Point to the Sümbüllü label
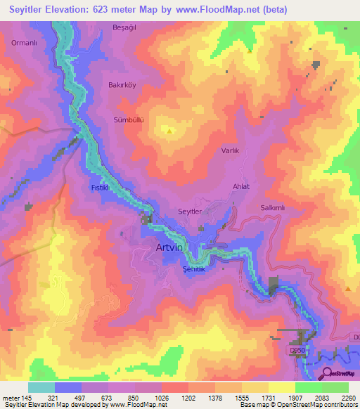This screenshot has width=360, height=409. click(x=129, y=120)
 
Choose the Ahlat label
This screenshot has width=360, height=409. click(x=241, y=186)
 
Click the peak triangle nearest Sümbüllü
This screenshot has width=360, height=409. click(x=169, y=131)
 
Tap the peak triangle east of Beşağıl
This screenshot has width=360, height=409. click(x=250, y=51)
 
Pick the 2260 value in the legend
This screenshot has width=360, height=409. click(x=349, y=398)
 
